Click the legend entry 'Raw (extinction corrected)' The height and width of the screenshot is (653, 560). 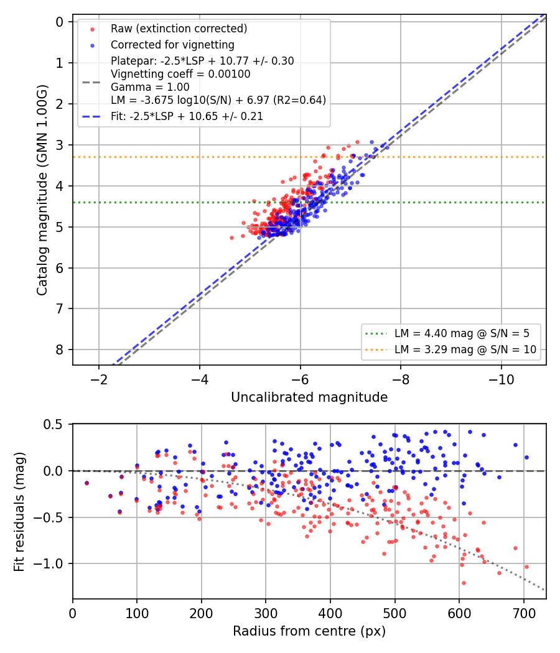coord(179,29)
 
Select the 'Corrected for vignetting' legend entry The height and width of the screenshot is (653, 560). coord(172,45)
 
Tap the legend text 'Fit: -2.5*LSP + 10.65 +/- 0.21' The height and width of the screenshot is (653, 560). coord(187,116)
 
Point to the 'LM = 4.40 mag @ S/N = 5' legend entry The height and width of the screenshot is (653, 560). coord(462,333)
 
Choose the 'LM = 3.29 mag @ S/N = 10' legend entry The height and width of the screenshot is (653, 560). coord(465,350)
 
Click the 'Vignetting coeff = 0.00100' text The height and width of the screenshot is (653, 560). coord(180,74)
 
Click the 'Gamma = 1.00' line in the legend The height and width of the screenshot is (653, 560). coord(150,87)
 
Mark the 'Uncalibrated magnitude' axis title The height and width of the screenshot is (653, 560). coord(309,397)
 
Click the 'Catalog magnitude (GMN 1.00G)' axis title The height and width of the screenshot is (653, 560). coord(42,190)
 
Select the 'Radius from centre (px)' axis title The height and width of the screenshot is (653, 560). coord(309,631)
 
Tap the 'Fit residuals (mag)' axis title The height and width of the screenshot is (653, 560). coord(19,512)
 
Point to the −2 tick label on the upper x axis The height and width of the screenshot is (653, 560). coord(99,379)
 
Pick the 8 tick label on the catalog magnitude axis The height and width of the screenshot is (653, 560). coord(60,350)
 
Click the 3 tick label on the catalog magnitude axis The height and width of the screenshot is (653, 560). coord(60,145)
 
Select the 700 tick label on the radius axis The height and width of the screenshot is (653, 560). coord(523,613)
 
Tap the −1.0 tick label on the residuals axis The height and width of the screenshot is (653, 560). coord(49,563)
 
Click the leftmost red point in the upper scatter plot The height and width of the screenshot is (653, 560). coord(231,238)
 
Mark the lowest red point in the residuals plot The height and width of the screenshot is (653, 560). coord(464,583)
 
